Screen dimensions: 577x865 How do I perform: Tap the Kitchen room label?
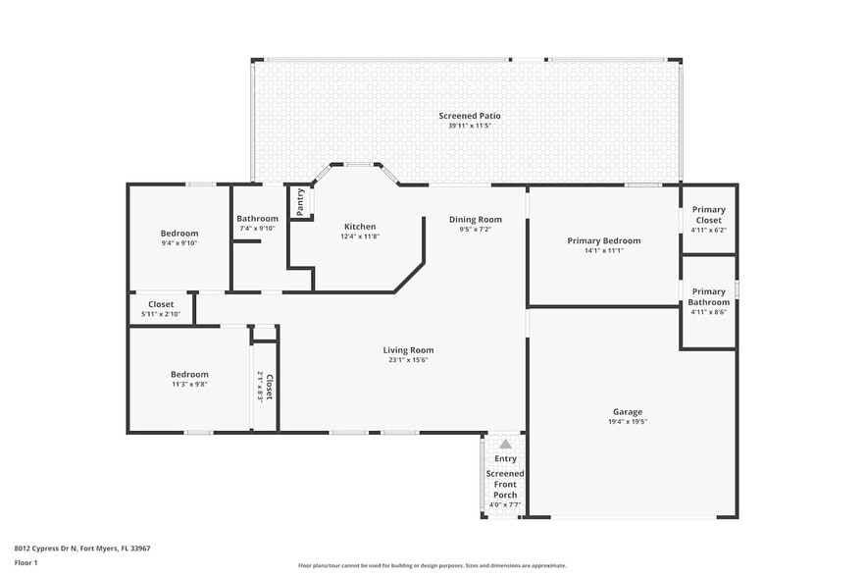point(359,227)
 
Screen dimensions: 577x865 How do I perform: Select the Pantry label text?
point(300,202)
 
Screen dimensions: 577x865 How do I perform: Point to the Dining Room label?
point(475,219)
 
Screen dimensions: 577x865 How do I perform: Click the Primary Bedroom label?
point(603,240)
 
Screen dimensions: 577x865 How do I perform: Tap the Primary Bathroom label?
point(708,296)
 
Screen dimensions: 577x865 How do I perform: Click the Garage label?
point(628,411)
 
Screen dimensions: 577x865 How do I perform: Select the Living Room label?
point(408,349)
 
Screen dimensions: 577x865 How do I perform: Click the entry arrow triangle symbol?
point(505,444)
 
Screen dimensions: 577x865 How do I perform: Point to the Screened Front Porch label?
point(505,484)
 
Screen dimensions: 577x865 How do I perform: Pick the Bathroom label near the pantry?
point(257,219)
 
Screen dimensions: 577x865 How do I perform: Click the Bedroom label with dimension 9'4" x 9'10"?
point(179,233)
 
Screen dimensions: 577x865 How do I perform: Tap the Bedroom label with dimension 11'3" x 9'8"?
point(189,374)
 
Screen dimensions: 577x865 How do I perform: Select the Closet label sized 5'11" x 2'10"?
point(161,304)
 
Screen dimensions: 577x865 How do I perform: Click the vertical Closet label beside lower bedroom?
point(269,387)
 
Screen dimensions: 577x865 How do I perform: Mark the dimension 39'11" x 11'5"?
point(463,126)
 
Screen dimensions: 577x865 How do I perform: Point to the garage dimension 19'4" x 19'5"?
point(628,421)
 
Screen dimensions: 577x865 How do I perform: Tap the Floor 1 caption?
point(25,562)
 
